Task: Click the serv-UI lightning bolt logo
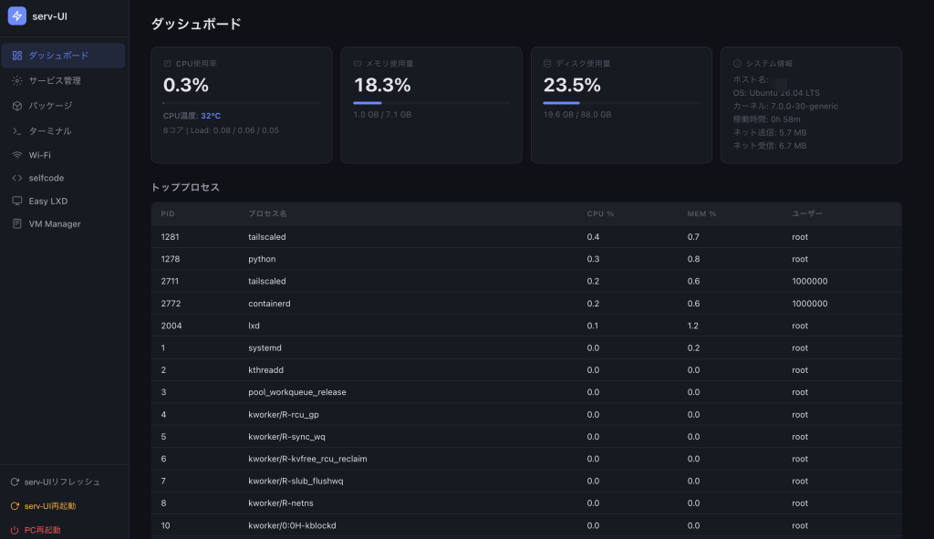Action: [16, 16]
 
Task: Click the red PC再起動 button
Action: [36, 530]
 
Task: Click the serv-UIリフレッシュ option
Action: [56, 482]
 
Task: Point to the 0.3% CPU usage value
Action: [186, 85]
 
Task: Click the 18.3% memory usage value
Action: [382, 85]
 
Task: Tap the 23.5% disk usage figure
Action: [572, 85]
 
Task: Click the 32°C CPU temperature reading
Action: [211, 116]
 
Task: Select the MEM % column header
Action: [701, 213]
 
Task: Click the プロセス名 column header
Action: [267, 213]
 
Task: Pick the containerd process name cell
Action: [269, 304]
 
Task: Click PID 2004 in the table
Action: [171, 326]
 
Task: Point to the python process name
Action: [262, 259]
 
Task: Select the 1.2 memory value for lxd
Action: [693, 326]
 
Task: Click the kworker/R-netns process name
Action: [281, 503]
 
